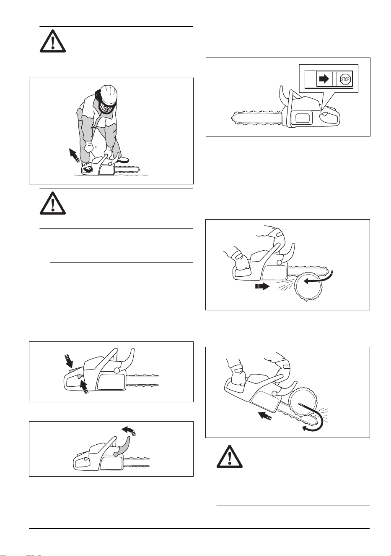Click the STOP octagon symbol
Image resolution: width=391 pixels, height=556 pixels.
coord(345,79)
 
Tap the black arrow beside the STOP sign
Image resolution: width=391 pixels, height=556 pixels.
coord(324,79)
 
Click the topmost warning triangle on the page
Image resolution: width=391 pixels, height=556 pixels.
coord(53,41)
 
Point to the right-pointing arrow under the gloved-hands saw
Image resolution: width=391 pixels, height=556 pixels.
coord(262,286)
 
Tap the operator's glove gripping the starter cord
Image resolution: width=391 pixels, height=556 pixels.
coord(88,147)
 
